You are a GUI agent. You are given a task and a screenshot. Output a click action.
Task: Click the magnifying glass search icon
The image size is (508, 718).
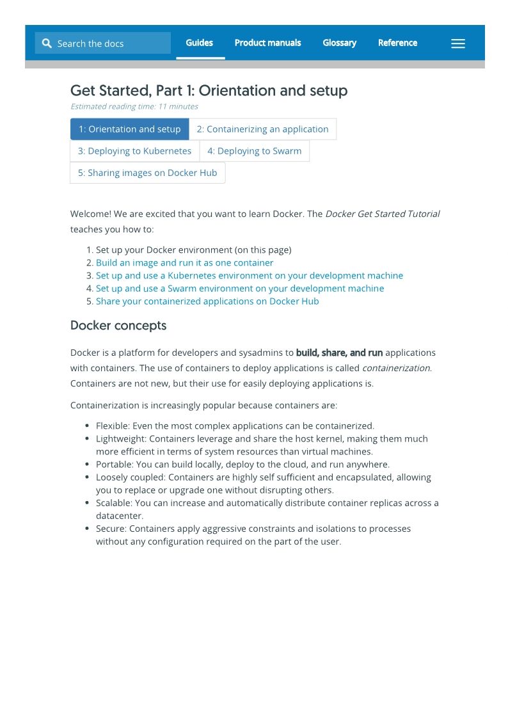click(47, 44)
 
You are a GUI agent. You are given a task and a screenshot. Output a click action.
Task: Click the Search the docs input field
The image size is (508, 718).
click(109, 44)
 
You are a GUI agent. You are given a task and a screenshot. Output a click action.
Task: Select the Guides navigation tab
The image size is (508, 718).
click(199, 43)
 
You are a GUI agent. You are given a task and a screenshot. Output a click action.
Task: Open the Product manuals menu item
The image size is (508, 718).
click(267, 43)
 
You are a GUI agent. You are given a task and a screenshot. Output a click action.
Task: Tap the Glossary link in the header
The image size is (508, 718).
click(339, 43)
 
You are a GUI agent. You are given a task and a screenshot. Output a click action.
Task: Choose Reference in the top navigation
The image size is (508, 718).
click(397, 43)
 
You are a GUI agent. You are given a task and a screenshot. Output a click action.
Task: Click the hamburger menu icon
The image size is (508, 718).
click(458, 44)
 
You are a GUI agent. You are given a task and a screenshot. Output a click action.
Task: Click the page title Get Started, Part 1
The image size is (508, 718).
click(209, 90)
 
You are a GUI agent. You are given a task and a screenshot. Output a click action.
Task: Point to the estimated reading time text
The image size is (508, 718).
click(134, 106)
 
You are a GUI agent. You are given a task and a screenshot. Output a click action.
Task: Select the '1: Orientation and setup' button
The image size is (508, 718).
click(129, 129)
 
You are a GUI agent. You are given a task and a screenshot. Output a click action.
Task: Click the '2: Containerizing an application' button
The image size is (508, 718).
click(262, 129)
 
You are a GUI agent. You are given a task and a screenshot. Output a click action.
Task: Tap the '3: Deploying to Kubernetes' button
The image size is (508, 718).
click(134, 151)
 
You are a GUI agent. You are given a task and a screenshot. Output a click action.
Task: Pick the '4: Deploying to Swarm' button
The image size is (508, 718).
click(254, 151)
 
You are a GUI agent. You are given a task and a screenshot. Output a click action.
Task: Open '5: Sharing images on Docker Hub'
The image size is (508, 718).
click(147, 173)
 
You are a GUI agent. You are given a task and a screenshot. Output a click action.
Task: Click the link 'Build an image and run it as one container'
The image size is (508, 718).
click(184, 263)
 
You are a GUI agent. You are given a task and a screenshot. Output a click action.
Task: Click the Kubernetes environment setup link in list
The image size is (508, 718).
click(250, 276)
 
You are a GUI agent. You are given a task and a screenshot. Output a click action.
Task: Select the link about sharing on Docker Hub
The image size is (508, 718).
click(207, 301)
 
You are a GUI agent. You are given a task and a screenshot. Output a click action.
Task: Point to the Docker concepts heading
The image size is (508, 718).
click(118, 326)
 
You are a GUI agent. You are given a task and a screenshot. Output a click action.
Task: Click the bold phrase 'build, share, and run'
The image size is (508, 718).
click(339, 353)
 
